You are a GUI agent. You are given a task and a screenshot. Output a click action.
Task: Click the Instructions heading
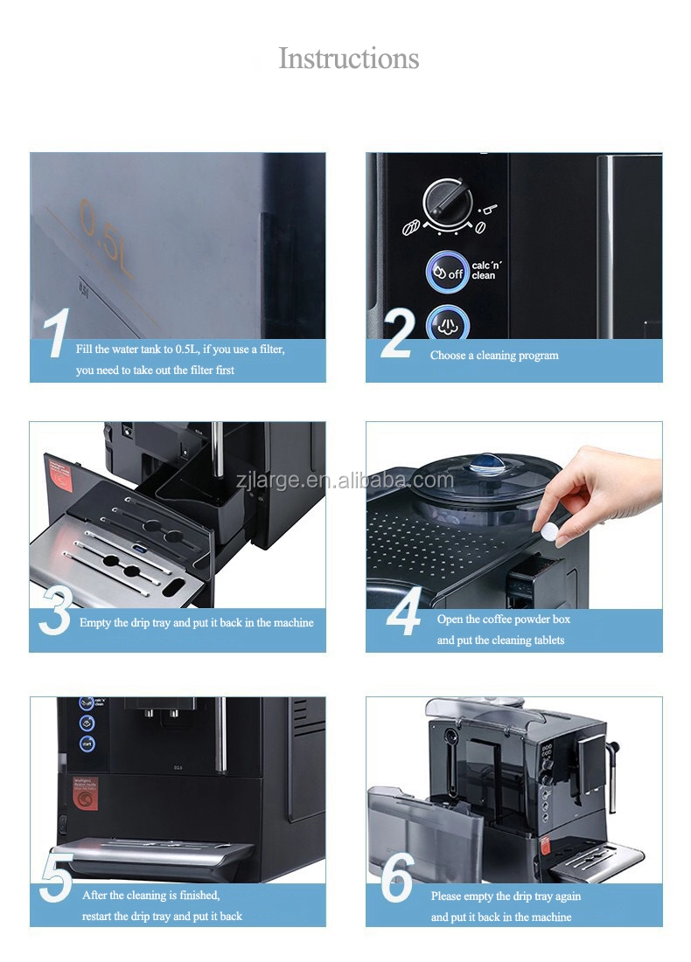point(348,59)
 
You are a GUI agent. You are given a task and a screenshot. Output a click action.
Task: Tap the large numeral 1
point(56,335)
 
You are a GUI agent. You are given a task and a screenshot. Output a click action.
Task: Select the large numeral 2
point(396,335)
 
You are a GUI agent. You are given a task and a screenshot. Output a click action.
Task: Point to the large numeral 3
point(55,612)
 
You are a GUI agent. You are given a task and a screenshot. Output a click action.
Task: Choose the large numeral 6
point(398,880)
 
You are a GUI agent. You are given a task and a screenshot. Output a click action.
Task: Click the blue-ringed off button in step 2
point(447,270)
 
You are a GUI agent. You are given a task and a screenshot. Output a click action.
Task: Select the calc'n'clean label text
point(486,270)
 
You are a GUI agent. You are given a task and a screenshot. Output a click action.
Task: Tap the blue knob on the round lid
point(483,463)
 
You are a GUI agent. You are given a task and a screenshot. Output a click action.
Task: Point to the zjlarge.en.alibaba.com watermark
point(345,480)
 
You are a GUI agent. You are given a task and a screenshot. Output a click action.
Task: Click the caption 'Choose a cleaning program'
point(493,356)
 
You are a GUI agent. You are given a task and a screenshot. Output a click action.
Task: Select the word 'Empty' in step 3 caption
point(94,623)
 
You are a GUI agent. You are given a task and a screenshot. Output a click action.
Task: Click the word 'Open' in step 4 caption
point(450,619)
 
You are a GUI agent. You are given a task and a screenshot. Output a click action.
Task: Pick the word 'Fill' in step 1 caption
point(84,349)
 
